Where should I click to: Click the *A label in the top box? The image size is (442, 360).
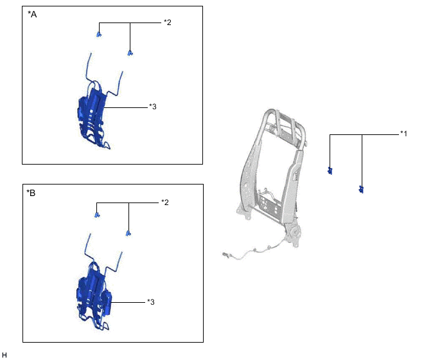[x=32, y=14]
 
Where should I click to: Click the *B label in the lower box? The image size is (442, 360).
[x=31, y=193]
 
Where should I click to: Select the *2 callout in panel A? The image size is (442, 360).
[x=168, y=22]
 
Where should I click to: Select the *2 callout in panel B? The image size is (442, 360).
[x=165, y=203]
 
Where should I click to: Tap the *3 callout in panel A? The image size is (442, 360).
[x=152, y=107]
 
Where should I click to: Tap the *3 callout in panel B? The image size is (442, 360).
[x=151, y=302]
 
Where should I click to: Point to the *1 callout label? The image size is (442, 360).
[x=403, y=134]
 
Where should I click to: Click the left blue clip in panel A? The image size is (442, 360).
[x=99, y=35]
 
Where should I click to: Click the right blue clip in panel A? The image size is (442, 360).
[x=130, y=53]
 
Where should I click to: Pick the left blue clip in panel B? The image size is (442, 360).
[x=97, y=215]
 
